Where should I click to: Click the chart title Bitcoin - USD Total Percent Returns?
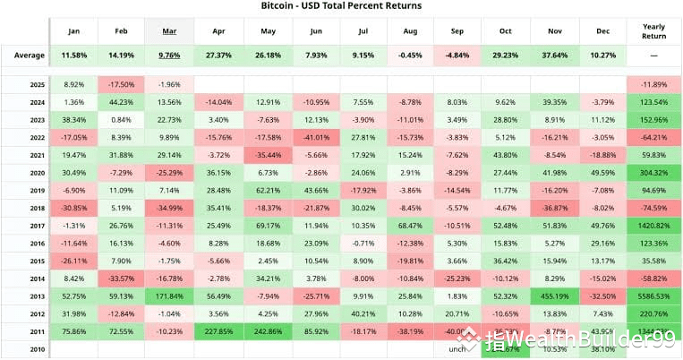click(341, 6)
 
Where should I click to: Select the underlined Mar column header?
click(168, 30)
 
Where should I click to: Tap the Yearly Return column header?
click(653, 30)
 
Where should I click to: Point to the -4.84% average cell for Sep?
click(457, 56)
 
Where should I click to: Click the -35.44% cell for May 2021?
click(265, 156)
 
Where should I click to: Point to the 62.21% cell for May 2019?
click(265, 191)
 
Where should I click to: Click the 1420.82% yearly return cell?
click(653, 226)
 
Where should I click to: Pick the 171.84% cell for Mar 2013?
click(168, 296)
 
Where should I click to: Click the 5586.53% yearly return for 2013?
click(653, 296)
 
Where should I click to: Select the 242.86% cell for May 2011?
click(265, 331)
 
